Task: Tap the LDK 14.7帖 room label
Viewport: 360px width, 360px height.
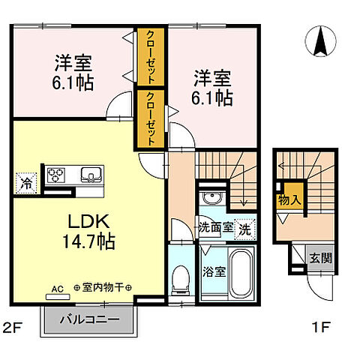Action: click(x=91, y=232)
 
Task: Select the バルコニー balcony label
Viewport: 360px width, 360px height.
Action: click(x=90, y=320)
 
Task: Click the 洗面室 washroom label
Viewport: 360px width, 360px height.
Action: click(x=214, y=228)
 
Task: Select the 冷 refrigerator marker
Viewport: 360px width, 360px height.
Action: click(x=27, y=181)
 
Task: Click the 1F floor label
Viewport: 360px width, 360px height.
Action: click(x=320, y=327)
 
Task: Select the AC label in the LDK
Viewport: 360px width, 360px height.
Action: click(x=58, y=287)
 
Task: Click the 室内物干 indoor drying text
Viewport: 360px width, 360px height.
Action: click(x=103, y=287)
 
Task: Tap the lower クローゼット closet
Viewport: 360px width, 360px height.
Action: click(x=151, y=117)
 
